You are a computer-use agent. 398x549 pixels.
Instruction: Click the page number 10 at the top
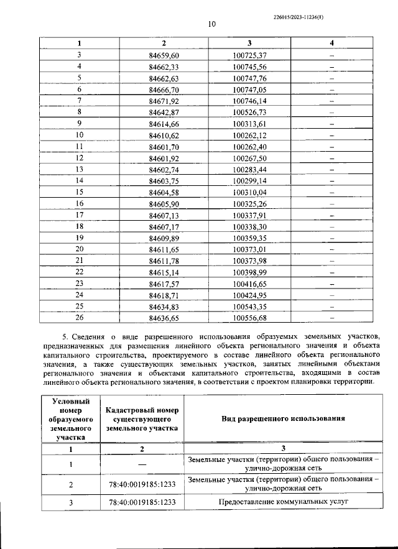pos(211,24)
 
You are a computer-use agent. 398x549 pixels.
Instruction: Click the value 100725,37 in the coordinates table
pos(249,55)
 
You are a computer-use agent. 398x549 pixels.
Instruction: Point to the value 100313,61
pos(249,124)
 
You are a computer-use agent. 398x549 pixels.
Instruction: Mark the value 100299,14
pos(249,180)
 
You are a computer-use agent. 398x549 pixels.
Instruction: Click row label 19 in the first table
pos(79,238)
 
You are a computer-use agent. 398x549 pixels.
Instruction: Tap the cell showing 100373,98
pos(249,260)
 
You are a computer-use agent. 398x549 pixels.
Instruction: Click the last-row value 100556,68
pos(249,317)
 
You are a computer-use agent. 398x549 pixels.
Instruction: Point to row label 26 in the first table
pos(79,317)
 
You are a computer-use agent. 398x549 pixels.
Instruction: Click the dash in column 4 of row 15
pos(332,192)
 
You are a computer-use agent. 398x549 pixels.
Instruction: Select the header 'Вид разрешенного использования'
pos(283,418)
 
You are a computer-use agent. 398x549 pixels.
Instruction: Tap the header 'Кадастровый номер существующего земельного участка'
pos(142,419)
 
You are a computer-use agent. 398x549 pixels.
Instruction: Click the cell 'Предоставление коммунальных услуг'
pos(283,501)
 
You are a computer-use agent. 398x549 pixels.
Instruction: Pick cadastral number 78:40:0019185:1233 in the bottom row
pos(142,501)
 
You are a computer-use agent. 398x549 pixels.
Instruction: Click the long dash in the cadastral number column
pos(142,464)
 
